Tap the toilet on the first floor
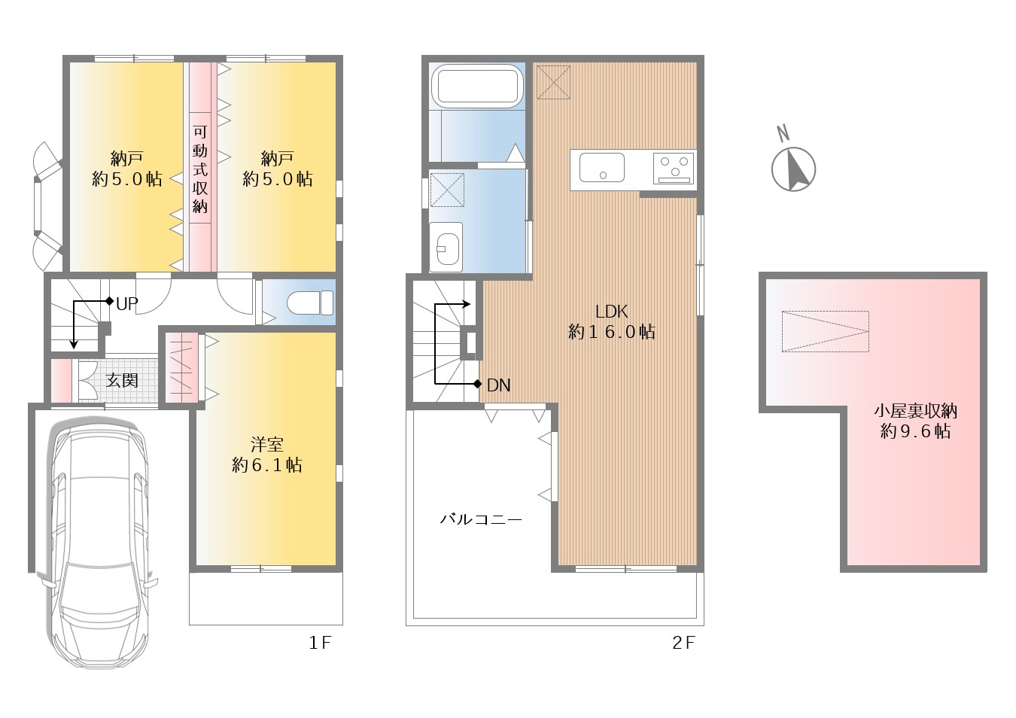coord(311,303)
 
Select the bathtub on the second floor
coord(476,87)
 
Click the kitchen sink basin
coord(602,167)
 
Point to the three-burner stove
coord(674,169)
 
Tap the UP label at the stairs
coord(126,304)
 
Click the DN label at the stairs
coord(498,385)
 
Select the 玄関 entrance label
coord(122,380)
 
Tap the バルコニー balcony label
coord(481,519)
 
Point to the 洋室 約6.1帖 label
coord(266,455)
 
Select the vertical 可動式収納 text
coord(200,169)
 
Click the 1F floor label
coord(320,642)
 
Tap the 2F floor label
coord(683,642)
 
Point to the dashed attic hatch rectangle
coord(825,331)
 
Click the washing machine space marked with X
coord(447,190)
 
